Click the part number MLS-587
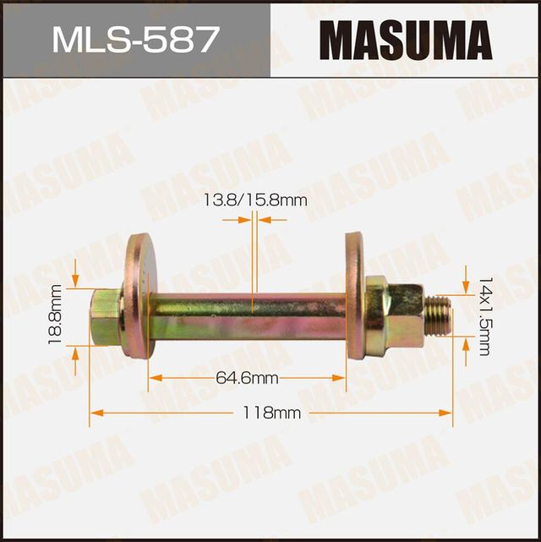pyautogui.click(x=134, y=40)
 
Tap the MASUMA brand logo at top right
pyautogui.click(x=405, y=40)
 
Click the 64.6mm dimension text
pyautogui.click(x=247, y=378)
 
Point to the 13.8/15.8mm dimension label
pyautogui.click(x=254, y=200)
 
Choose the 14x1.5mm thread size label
pyautogui.click(x=484, y=315)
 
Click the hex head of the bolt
pyautogui.click(x=106, y=317)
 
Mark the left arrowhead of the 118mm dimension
pyautogui.click(x=96, y=413)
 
